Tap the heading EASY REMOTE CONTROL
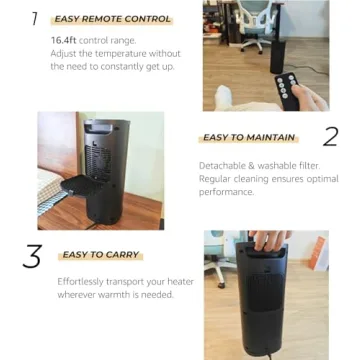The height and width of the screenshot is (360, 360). [111, 19]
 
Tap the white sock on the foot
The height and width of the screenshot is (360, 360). [227, 98]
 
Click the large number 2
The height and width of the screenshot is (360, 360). [329, 137]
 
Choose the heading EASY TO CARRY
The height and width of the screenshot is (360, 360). [100, 255]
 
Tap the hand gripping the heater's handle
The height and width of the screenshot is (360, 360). [268, 241]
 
